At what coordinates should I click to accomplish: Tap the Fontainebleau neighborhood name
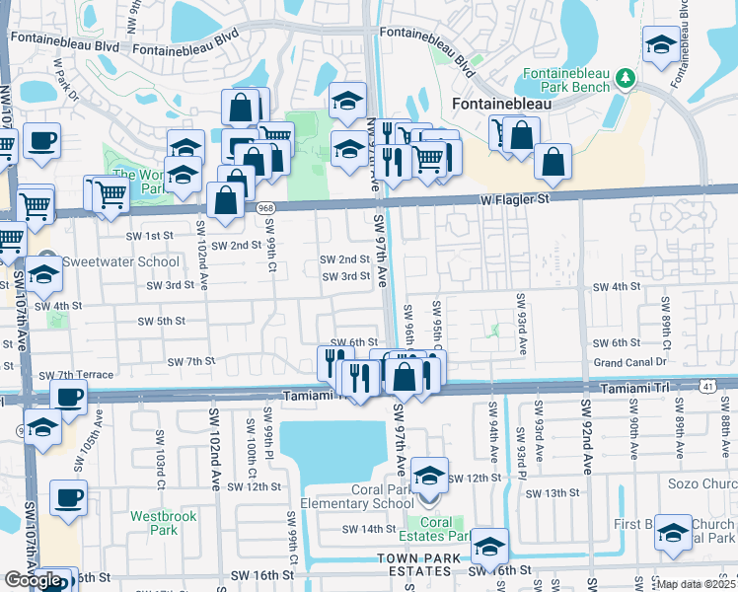pos(499,102)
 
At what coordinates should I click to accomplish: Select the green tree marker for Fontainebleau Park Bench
pos(624,77)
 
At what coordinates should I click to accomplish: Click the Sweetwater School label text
pos(121,261)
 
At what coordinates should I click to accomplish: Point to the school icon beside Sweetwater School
pos(43,277)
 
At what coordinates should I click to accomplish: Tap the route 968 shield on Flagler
pos(264,208)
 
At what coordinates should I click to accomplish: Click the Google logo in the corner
pos(33,580)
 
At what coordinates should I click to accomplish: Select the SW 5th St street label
pos(162,321)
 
